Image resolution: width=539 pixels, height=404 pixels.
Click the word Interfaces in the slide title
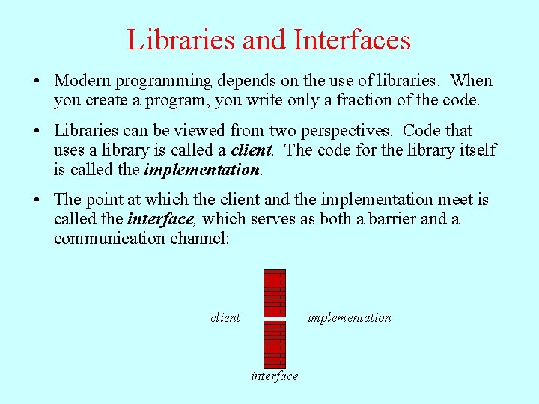(x=353, y=40)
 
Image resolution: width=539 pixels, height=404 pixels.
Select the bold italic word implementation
(x=201, y=170)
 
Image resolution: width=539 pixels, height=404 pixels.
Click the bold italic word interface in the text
(x=160, y=220)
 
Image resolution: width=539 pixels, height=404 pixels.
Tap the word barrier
(x=389, y=219)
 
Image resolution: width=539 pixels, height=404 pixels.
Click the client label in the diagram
(x=225, y=318)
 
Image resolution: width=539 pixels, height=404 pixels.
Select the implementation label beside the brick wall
(x=349, y=318)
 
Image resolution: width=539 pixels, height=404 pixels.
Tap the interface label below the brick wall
(x=274, y=376)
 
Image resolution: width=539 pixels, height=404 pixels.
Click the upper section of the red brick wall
(x=275, y=292)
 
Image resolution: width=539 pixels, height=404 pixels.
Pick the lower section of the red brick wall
(x=275, y=344)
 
